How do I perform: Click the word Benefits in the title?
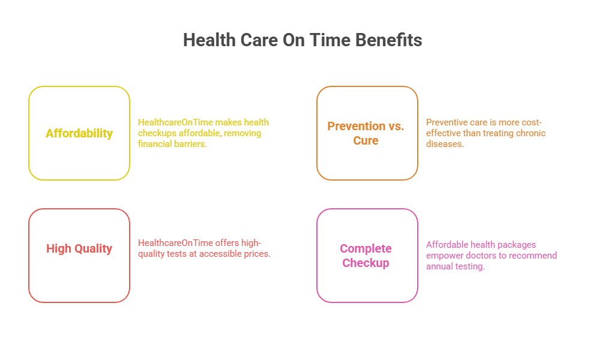click(389, 40)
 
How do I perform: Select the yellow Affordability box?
click(79, 133)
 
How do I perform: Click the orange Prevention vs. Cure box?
click(367, 133)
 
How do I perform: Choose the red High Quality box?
click(79, 256)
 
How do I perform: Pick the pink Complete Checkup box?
click(367, 256)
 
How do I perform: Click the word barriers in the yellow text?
click(190, 144)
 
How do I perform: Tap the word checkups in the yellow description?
click(158, 133)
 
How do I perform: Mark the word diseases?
click(445, 144)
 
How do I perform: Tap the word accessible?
click(226, 254)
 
